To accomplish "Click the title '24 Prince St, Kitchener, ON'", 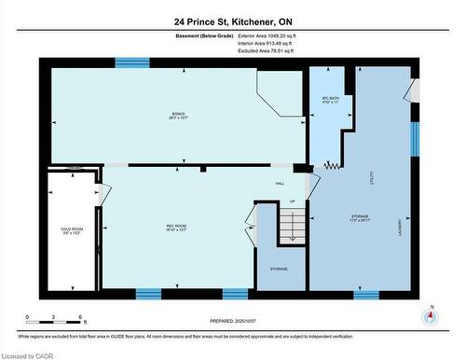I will [x=232, y=20].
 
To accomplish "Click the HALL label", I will [x=279, y=183].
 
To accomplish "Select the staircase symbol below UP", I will [x=291, y=227].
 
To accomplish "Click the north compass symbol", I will [x=430, y=315].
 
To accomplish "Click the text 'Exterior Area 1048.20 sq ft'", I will [x=258, y=35].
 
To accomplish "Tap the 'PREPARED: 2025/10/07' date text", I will [x=234, y=321].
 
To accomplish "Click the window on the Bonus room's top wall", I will [x=132, y=62].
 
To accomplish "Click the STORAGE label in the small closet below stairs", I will [x=279, y=269].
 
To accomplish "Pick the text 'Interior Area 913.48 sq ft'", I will [x=258, y=43].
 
